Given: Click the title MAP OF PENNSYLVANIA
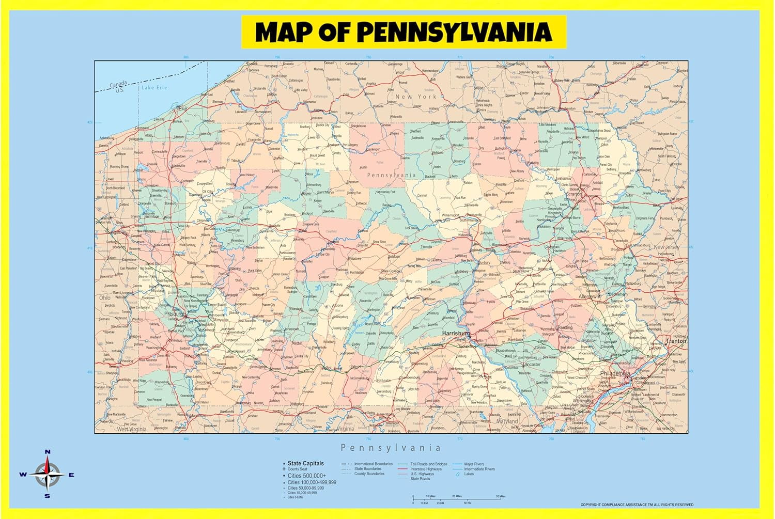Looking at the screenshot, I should coord(404,32).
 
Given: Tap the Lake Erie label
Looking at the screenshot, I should coord(154,88).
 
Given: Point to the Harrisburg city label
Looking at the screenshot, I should coord(456,334).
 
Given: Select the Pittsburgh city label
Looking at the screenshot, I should coord(174,314).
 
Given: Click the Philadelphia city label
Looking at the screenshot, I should coord(615,373).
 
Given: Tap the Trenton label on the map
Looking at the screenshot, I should coord(676,341).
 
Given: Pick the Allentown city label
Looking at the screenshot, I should coord(590,297).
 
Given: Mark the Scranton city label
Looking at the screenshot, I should coord(574,195).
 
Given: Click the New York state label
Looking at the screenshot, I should coord(415,97).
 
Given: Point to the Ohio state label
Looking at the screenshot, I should coord(105,298).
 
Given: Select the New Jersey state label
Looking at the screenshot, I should coord(667,247).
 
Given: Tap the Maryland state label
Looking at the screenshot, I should coord(507,421).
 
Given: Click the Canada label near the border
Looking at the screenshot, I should coord(118,84).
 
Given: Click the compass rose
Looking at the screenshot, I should coord(48,475).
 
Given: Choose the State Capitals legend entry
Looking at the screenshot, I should coord(305,463).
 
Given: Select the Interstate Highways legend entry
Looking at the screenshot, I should coord(426,469).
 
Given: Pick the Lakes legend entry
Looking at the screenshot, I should coord(469,474).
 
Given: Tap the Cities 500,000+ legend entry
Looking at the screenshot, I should coord(307,476).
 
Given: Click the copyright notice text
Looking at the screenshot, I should coord(637,505).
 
